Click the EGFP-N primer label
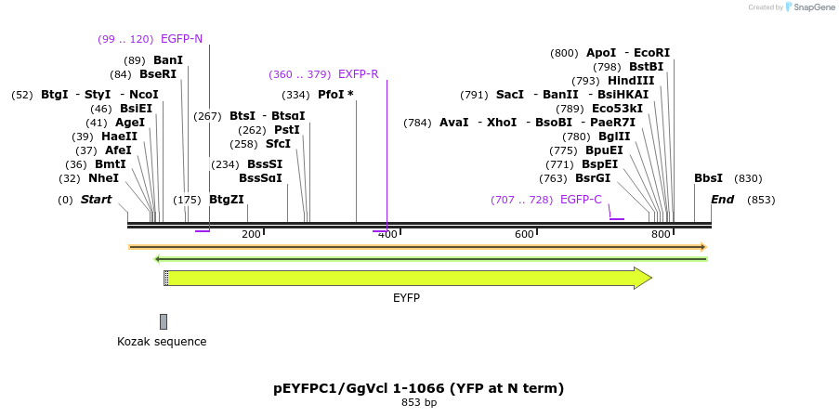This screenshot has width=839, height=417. pyautogui.click(x=181, y=39)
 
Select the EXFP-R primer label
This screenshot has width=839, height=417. pyautogui.click(x=358, y=74)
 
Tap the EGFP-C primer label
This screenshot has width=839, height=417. pyautogui.click(x=581, y=200)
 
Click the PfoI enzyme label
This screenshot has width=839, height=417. pyautogui.click(x=331, y=95)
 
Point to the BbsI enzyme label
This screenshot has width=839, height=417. pyautogui.click(x=708, y=178)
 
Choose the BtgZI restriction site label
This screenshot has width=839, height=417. pyautogui.click(x=227, y=200)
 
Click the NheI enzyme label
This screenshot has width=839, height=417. pyautogui.click(x=103, y=178)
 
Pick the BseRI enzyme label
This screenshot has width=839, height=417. pyautogui.click(x=157, y=74)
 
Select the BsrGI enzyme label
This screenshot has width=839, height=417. pyautogui.click(x=593, y=178)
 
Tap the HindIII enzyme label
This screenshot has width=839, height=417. pyautogui.click(x=632, y=81)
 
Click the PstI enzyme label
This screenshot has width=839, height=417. pyautogui.click(x=287, y=130)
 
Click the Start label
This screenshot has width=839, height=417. pyautogui.click(x=96, y=200)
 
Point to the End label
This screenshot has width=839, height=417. pyautogui.click(x=722, y=200)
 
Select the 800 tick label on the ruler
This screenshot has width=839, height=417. pyautogui.click(x=661, y=234)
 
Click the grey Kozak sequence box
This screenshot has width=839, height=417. pyautogui.click(x=164, y=321)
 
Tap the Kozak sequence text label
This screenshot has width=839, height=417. pyautogui.click(x=162, y=342)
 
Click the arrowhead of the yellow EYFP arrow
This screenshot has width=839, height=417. pyautogui.click(x=643, y=278)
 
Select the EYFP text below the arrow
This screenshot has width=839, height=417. pyautogui.click(x=406, y=297)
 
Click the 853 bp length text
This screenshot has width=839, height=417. pyautogui.click(x=418, y=403)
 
